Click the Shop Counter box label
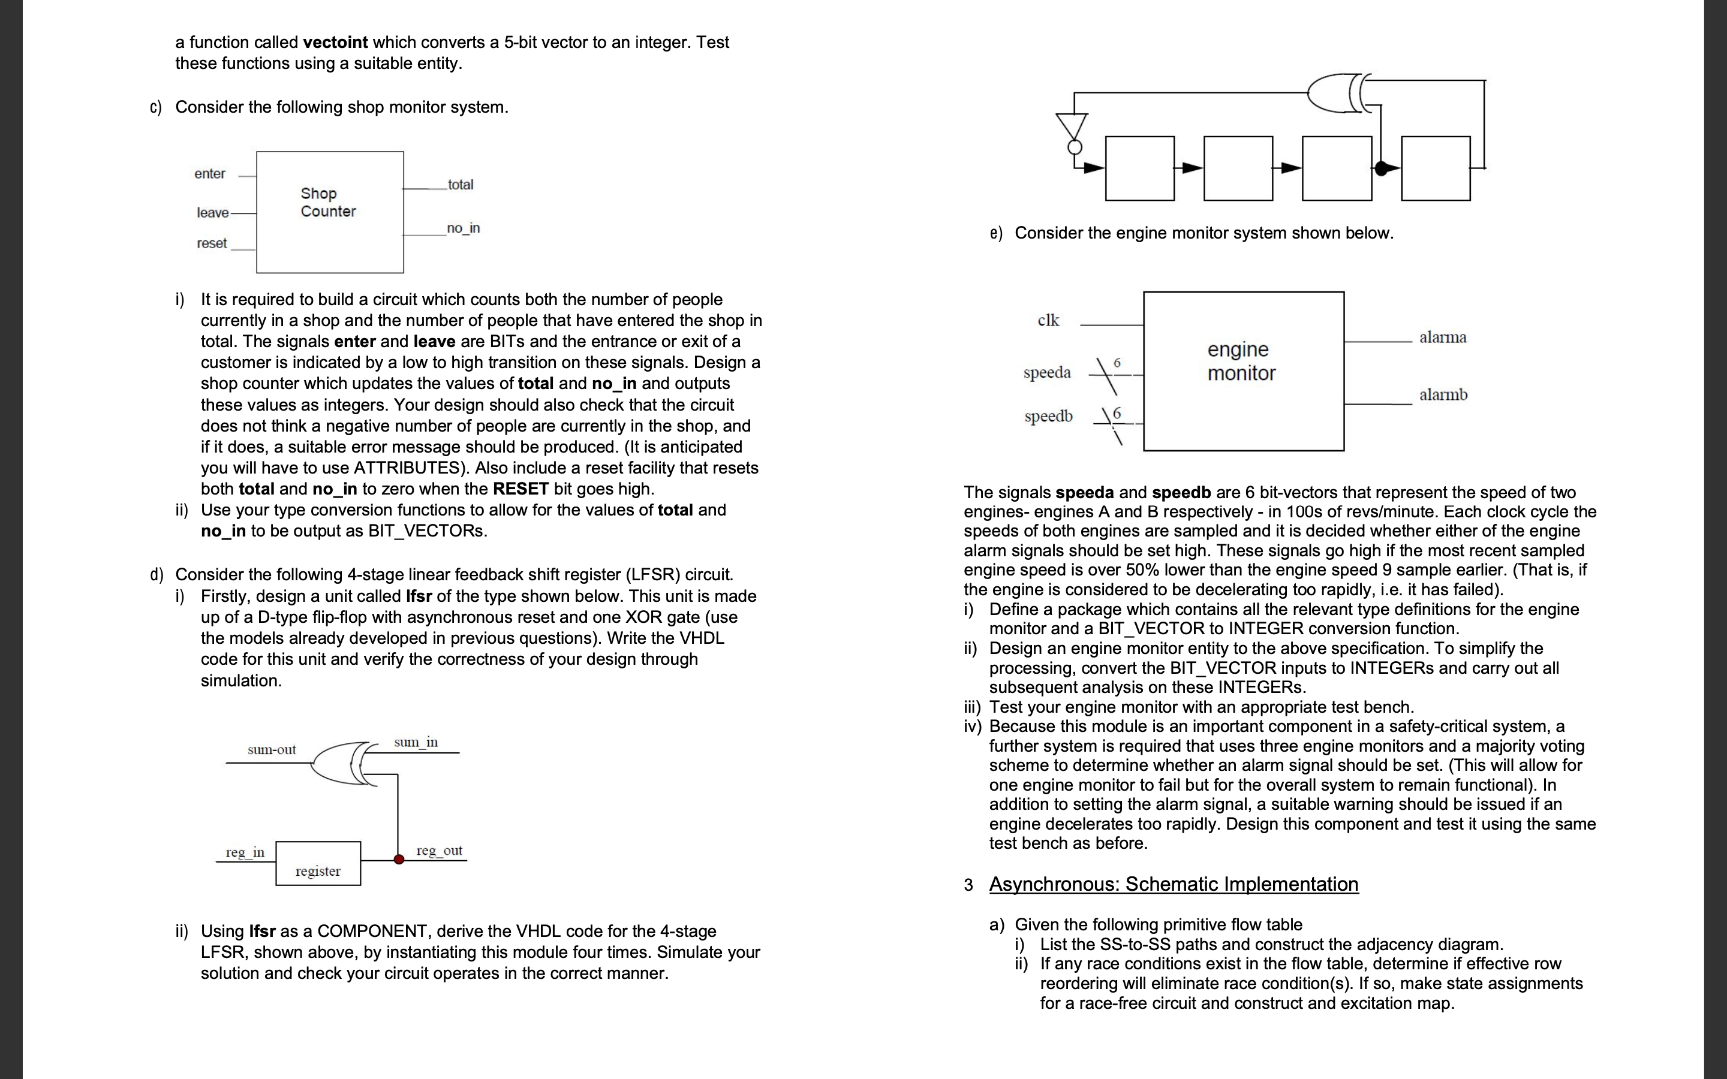(327, 202)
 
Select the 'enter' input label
(209, 173)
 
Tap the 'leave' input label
(213, 213)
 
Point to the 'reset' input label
(211, 243)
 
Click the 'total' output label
(461, 184)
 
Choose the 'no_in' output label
(463, 228)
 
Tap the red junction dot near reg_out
(399, 859)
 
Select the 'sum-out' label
(271, 749)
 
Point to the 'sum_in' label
(416, 742)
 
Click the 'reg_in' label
(245, 852)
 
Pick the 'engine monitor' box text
(1241, 361)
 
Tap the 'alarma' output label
(1442, 337)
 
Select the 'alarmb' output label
(1443, 394)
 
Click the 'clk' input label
(1048, 321)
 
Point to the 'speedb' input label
(1048, 416)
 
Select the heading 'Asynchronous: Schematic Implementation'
(1173, 884)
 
